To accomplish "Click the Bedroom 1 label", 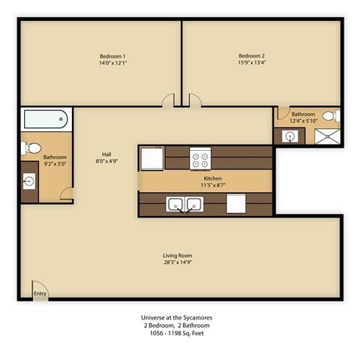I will [x=113, y=55].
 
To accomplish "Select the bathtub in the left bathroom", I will [x=46, y=120].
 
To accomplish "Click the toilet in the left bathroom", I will [x=27, y=147].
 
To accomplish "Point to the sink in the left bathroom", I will [x=29, y=181].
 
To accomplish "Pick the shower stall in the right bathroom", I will [x=327, y=136].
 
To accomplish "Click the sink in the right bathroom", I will [x=289, y=136].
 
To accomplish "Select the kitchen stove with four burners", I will [x=200, y=158].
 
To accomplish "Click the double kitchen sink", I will [x=185, y=204].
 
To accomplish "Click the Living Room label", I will [x=178, y=256].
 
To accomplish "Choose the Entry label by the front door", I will [x=40, y=294].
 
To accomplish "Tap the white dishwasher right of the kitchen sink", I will [x=236, y=204].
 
